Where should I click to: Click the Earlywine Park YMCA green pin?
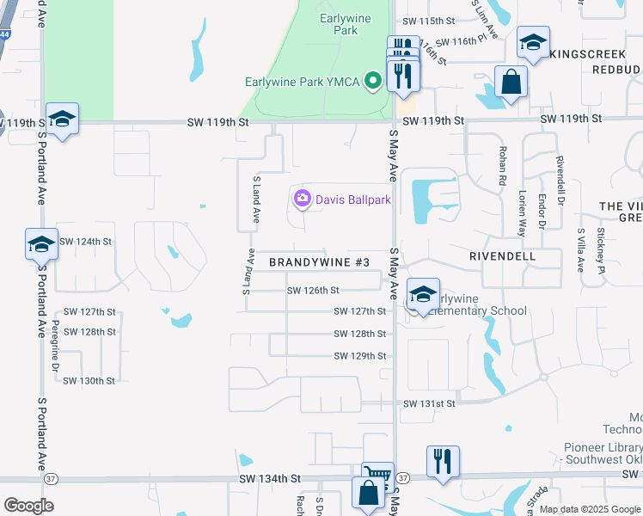373,82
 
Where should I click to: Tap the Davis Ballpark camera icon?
302,200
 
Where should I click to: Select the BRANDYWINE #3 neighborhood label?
319,261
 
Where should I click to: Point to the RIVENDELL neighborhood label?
503,256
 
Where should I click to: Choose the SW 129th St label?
359,355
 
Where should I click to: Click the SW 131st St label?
429,402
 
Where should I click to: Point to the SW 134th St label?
270,478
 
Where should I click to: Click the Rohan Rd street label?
503,166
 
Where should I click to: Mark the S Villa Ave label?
581,250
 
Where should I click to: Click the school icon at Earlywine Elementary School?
423,293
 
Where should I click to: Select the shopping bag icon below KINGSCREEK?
511,83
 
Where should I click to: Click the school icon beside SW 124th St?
41,244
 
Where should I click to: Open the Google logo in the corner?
28,505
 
